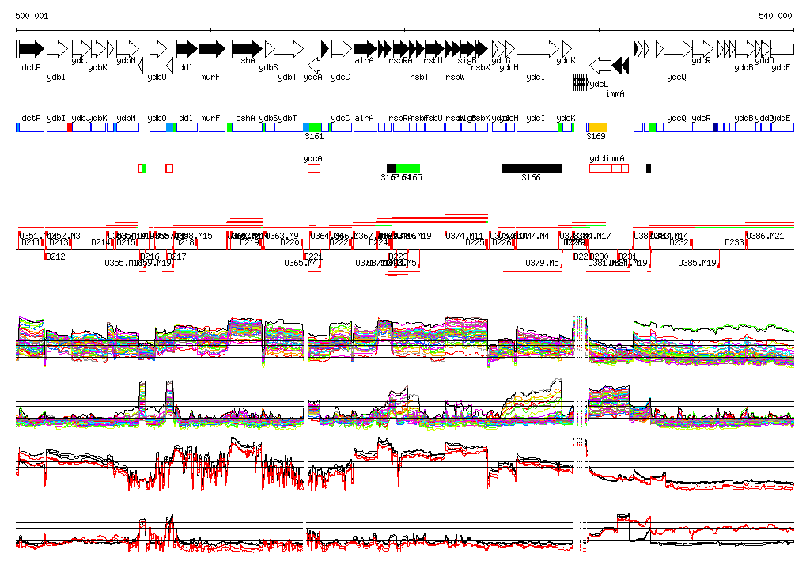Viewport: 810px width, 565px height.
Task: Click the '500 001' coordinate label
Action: (x=32, y=16)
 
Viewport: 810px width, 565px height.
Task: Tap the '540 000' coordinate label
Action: (x=775, y=16)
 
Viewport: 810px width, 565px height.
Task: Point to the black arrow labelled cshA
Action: (x=246, y=49)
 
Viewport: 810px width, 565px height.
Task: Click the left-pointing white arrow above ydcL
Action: (x=601, y=65)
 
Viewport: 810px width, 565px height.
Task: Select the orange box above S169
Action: (x=596, y=127)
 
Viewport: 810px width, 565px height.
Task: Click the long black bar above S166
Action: (x=532, y=168)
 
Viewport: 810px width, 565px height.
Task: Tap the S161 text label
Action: (x=314, y=136)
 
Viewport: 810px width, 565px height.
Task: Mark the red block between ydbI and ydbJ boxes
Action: (x=70, y=127)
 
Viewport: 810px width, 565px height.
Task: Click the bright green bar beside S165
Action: (x=408, y=168)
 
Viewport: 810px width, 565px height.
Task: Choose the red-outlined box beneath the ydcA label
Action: (x=314, y=168)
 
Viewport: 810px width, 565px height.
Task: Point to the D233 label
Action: (x=735, y=242)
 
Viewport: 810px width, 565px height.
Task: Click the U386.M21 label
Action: (x=766, y=236)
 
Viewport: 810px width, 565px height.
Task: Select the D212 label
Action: (x=55, y=256)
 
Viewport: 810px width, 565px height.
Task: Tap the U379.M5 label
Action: (x=542, y=263)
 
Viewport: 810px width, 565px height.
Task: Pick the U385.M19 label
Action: (x=697, y=263)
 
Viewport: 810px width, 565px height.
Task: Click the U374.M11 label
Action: (x=464, y=236)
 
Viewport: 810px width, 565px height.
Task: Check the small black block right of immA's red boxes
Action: (x=649, y=168)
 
